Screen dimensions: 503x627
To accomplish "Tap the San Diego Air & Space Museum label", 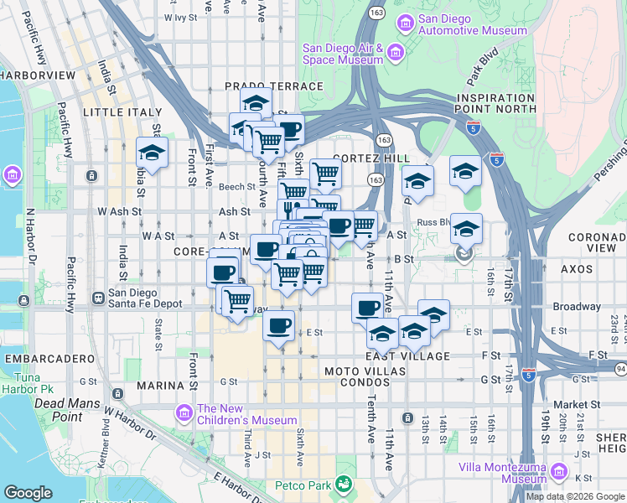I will [x=343, y=54].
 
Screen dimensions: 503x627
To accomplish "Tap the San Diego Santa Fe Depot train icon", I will [x=98, y=297].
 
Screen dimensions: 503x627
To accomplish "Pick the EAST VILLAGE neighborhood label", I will [x=402, y=356].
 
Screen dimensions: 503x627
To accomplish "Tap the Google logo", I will [x=28, y=493].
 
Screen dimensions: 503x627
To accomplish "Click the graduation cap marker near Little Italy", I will [x=152, y=153].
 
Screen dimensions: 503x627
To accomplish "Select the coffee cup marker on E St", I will [x=279, y=324].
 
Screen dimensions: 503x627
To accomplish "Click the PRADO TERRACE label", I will [x=273, y=86].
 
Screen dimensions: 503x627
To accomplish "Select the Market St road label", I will [x=572, y=404].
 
